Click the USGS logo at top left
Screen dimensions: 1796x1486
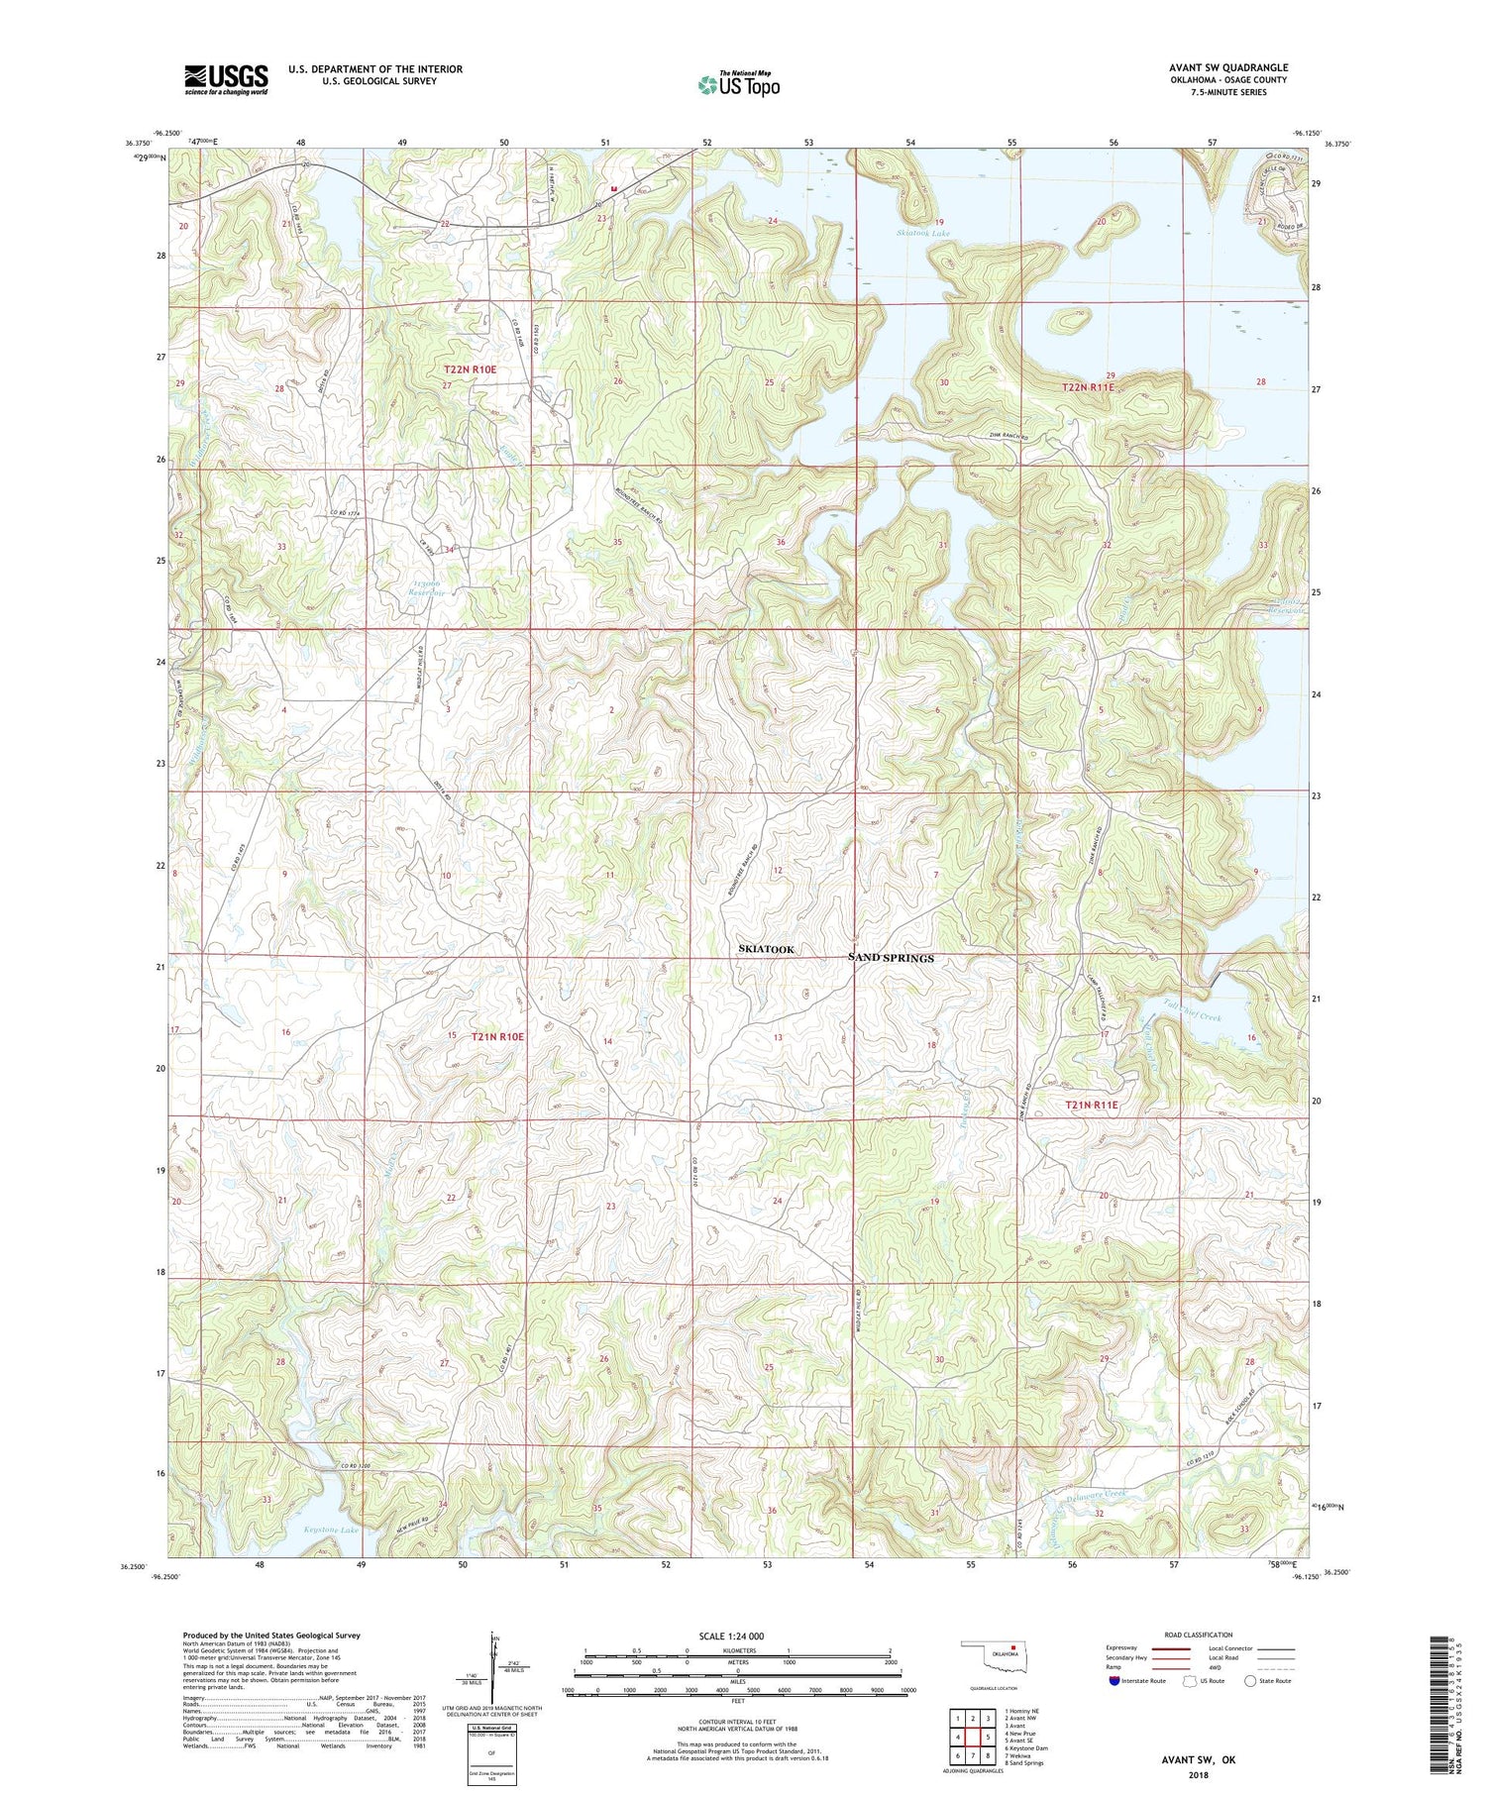pos(226,79)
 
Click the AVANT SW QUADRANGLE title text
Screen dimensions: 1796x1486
pos(1228,68)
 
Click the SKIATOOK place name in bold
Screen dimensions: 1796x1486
pos(766,949)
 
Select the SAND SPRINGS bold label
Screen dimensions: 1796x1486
pos(891,958)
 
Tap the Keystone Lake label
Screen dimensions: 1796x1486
pos(332,1531)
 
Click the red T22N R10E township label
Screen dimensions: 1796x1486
pos(470,369)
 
